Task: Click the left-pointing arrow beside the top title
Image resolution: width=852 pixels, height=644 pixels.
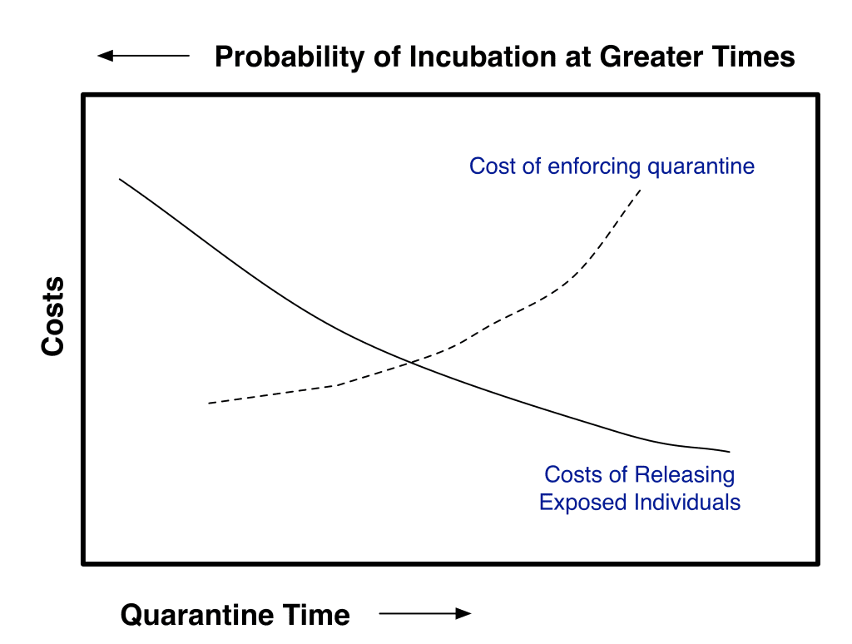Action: pyautogui.click(x=142, y=56)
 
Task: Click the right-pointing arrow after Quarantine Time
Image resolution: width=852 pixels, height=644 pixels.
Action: pyautogui.click(x=425, y=614)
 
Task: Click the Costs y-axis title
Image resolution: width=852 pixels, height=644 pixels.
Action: pyautogui.click(x=52, y=317)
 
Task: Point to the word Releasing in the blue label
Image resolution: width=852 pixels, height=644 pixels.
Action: pyautogui.click(x=685, y=475)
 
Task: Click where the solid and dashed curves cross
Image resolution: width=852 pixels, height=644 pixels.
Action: pyautogui.click(x=410, y=362)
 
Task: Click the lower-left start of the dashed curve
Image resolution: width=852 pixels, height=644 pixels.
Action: pyautogui.click(x=209, y=404)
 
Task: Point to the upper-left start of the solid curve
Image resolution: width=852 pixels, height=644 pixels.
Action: pyautogui.click(x=121, y=179)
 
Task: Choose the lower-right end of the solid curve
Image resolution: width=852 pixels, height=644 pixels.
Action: pyautogui.click(x=729, y=452)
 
